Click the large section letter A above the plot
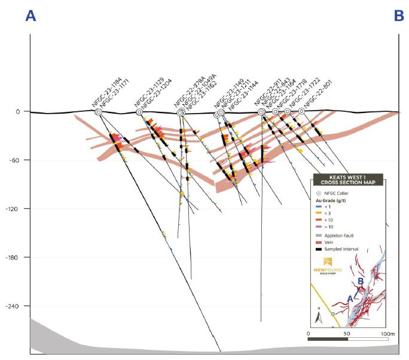pyautogui.click(x=30, y=16)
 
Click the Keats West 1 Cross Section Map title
pyautogui.click(x=347, y=179)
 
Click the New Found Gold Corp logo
pyautogui.click(x=328, y=267)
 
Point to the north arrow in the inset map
pyautogui.click(x=318, y=315)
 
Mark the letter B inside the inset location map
pyautogui.click(x=361, y=280)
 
